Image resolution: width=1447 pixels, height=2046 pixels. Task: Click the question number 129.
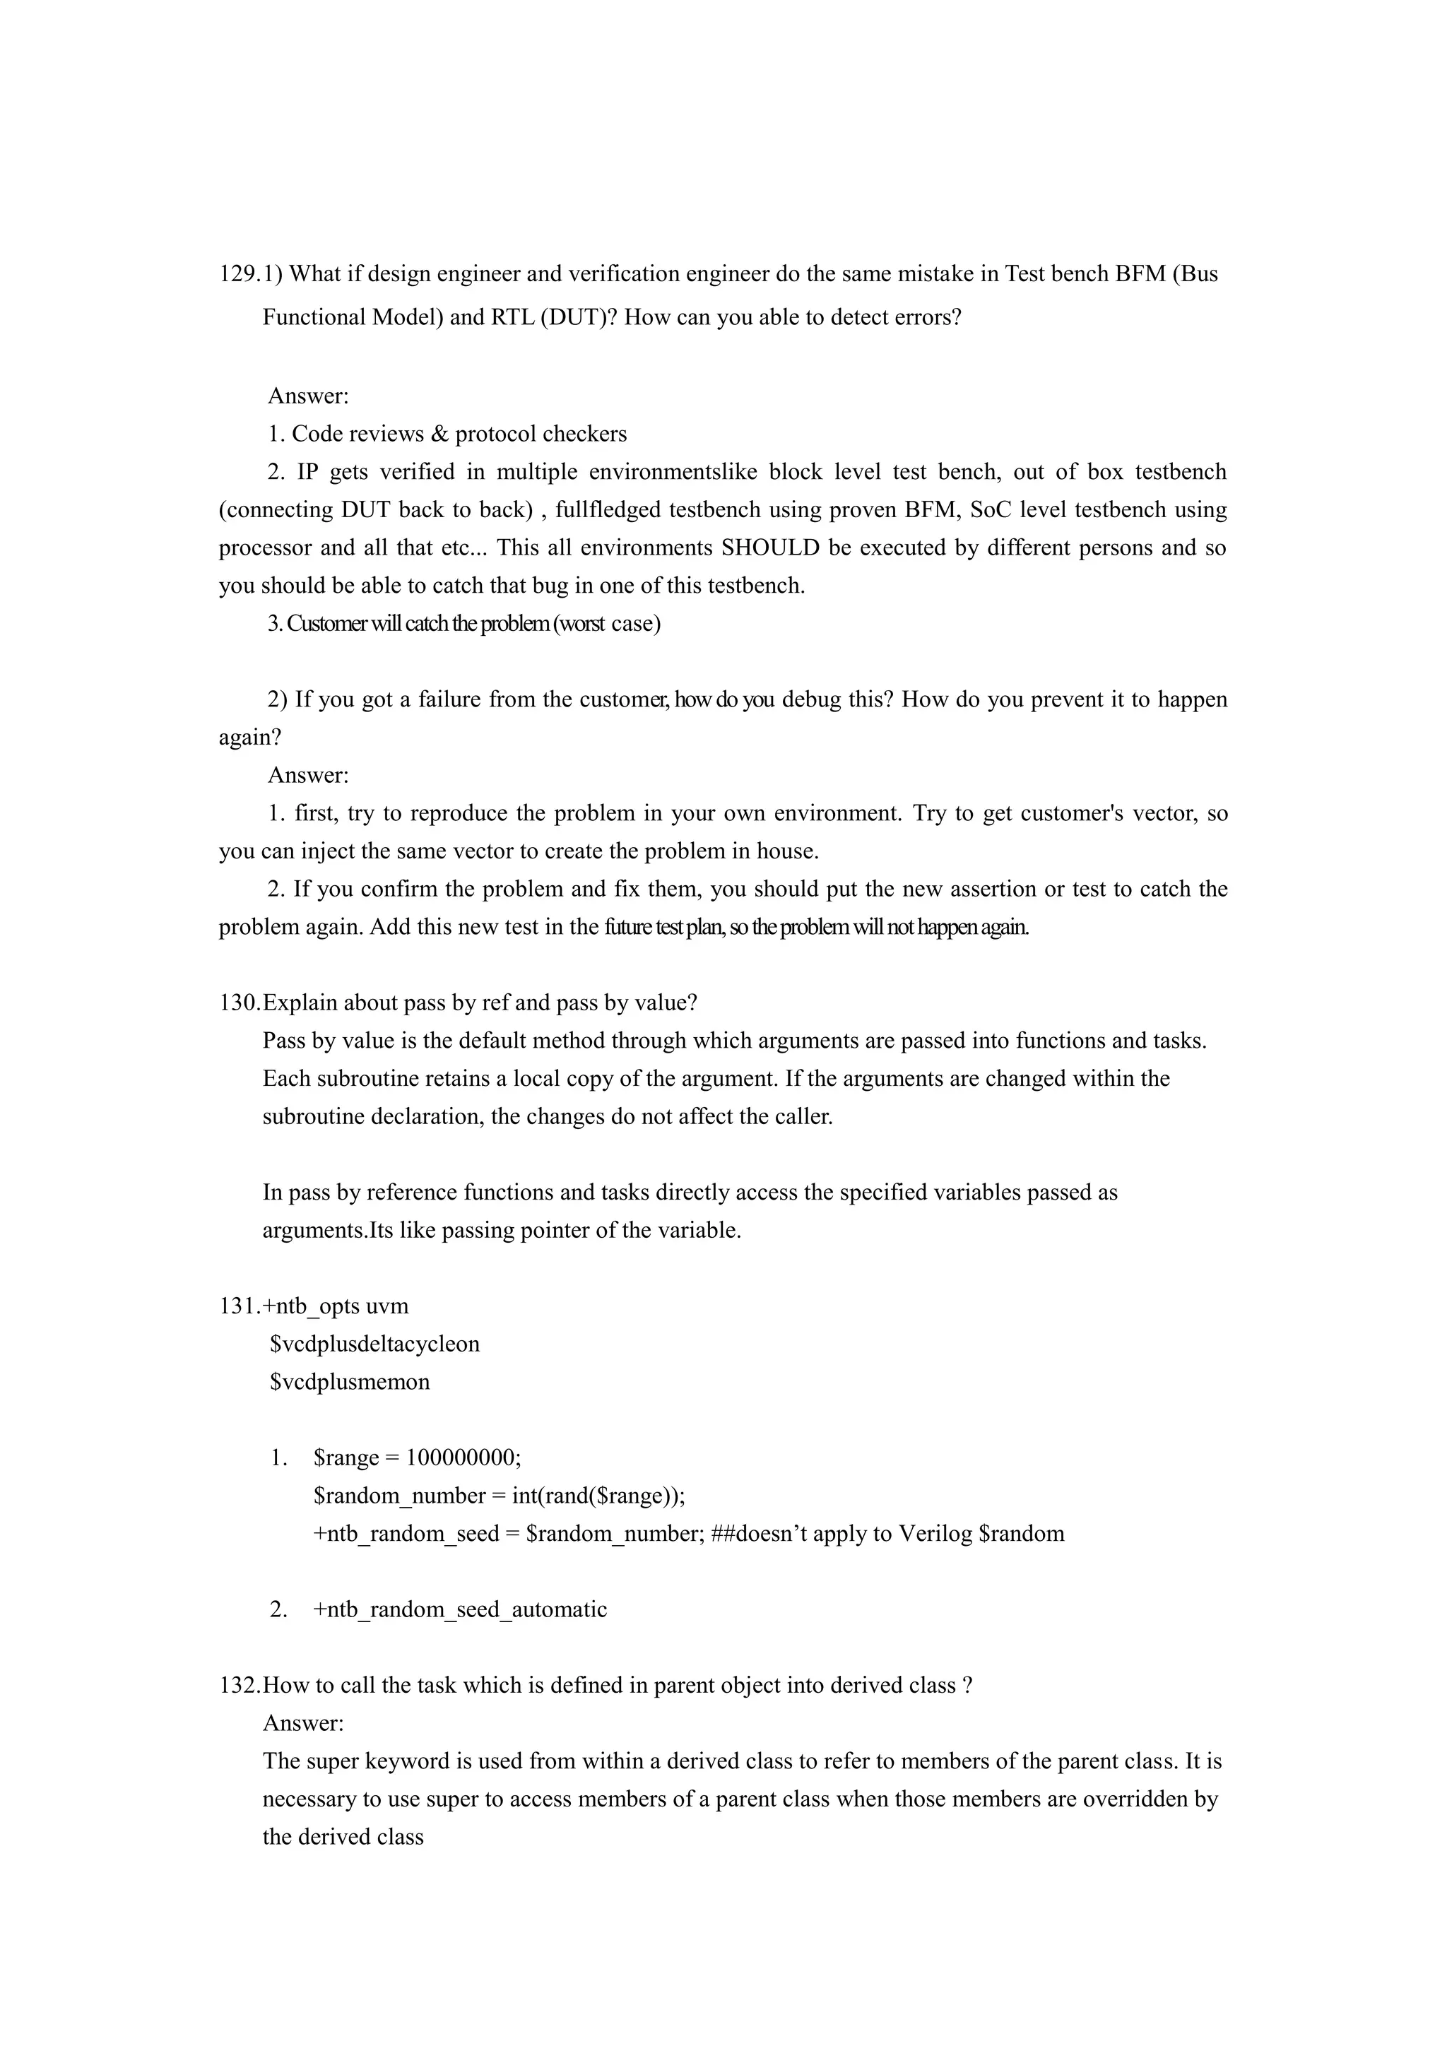(x=238, y=273)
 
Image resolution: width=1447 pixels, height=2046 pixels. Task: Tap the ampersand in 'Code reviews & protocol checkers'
(x=437, y=434)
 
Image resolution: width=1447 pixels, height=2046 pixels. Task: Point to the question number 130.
(x=238, y=1003)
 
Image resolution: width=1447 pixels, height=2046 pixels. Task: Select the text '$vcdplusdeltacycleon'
(x=374, y=1344)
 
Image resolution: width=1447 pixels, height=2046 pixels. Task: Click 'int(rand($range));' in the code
(x=598, y=1496)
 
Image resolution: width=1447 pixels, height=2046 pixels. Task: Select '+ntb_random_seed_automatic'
(x=460, y=1609)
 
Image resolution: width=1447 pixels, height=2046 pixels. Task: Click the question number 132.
(x=238, y=1685)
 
